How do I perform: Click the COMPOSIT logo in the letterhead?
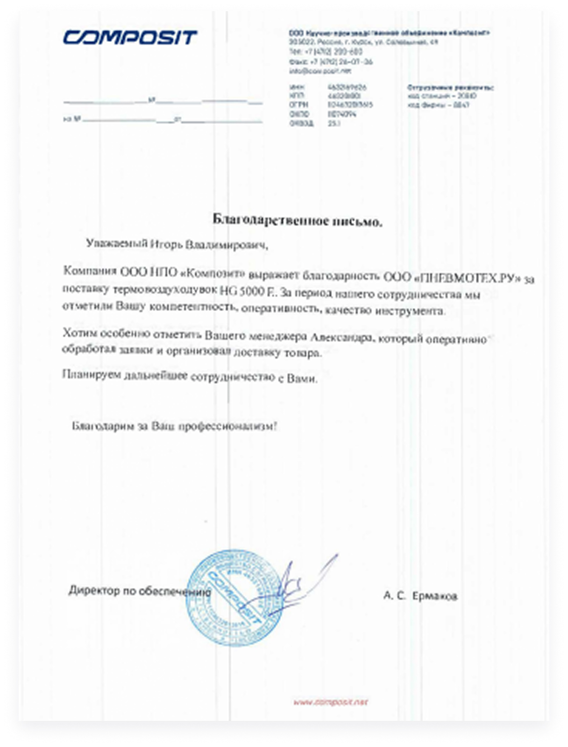(130, 37)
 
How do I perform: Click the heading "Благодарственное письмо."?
(298, 220)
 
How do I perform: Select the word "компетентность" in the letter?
(195, 307)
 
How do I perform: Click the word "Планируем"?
(92, 374)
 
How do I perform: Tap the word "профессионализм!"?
(228, 426)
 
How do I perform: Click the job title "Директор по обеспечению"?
(139, 591)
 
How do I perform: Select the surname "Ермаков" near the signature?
(435, 596)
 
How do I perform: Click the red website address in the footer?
(331, 702)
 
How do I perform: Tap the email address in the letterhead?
(319, 71)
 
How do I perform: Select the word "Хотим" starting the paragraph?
(80, 333)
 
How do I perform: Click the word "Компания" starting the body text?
(90, 271)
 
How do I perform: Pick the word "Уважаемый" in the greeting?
(117, 243)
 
